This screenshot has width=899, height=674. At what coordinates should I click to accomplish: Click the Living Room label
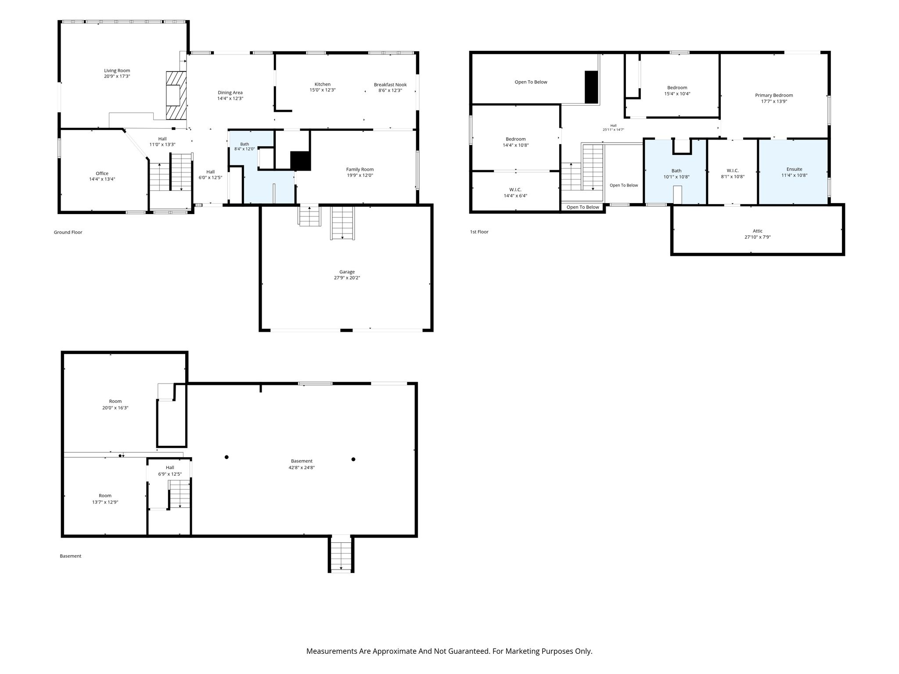click(117, 71)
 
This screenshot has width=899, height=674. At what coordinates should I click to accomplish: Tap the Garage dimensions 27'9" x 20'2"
click(347, 278)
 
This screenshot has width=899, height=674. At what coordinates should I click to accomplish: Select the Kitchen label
click(323, 84)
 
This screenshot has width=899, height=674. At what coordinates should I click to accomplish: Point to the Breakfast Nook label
click(390, 85)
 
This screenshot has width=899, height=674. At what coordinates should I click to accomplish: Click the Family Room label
click(360, 169)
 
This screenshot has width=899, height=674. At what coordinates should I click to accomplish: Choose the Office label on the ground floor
click(102, 173)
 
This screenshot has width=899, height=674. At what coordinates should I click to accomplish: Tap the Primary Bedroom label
click(774, 95)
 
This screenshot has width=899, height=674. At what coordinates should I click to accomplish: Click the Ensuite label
click(795, 169)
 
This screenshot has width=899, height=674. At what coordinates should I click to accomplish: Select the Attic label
click(758, 231)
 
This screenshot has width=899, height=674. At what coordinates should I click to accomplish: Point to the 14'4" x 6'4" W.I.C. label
click(515, 193)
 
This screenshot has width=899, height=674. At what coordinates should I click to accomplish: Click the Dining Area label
click(230, 93)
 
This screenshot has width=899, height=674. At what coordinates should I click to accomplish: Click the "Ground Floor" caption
click(68, 232)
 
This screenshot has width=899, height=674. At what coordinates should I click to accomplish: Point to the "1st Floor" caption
click(479, 232)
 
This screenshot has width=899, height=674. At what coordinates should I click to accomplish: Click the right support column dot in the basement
click(353, 459)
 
